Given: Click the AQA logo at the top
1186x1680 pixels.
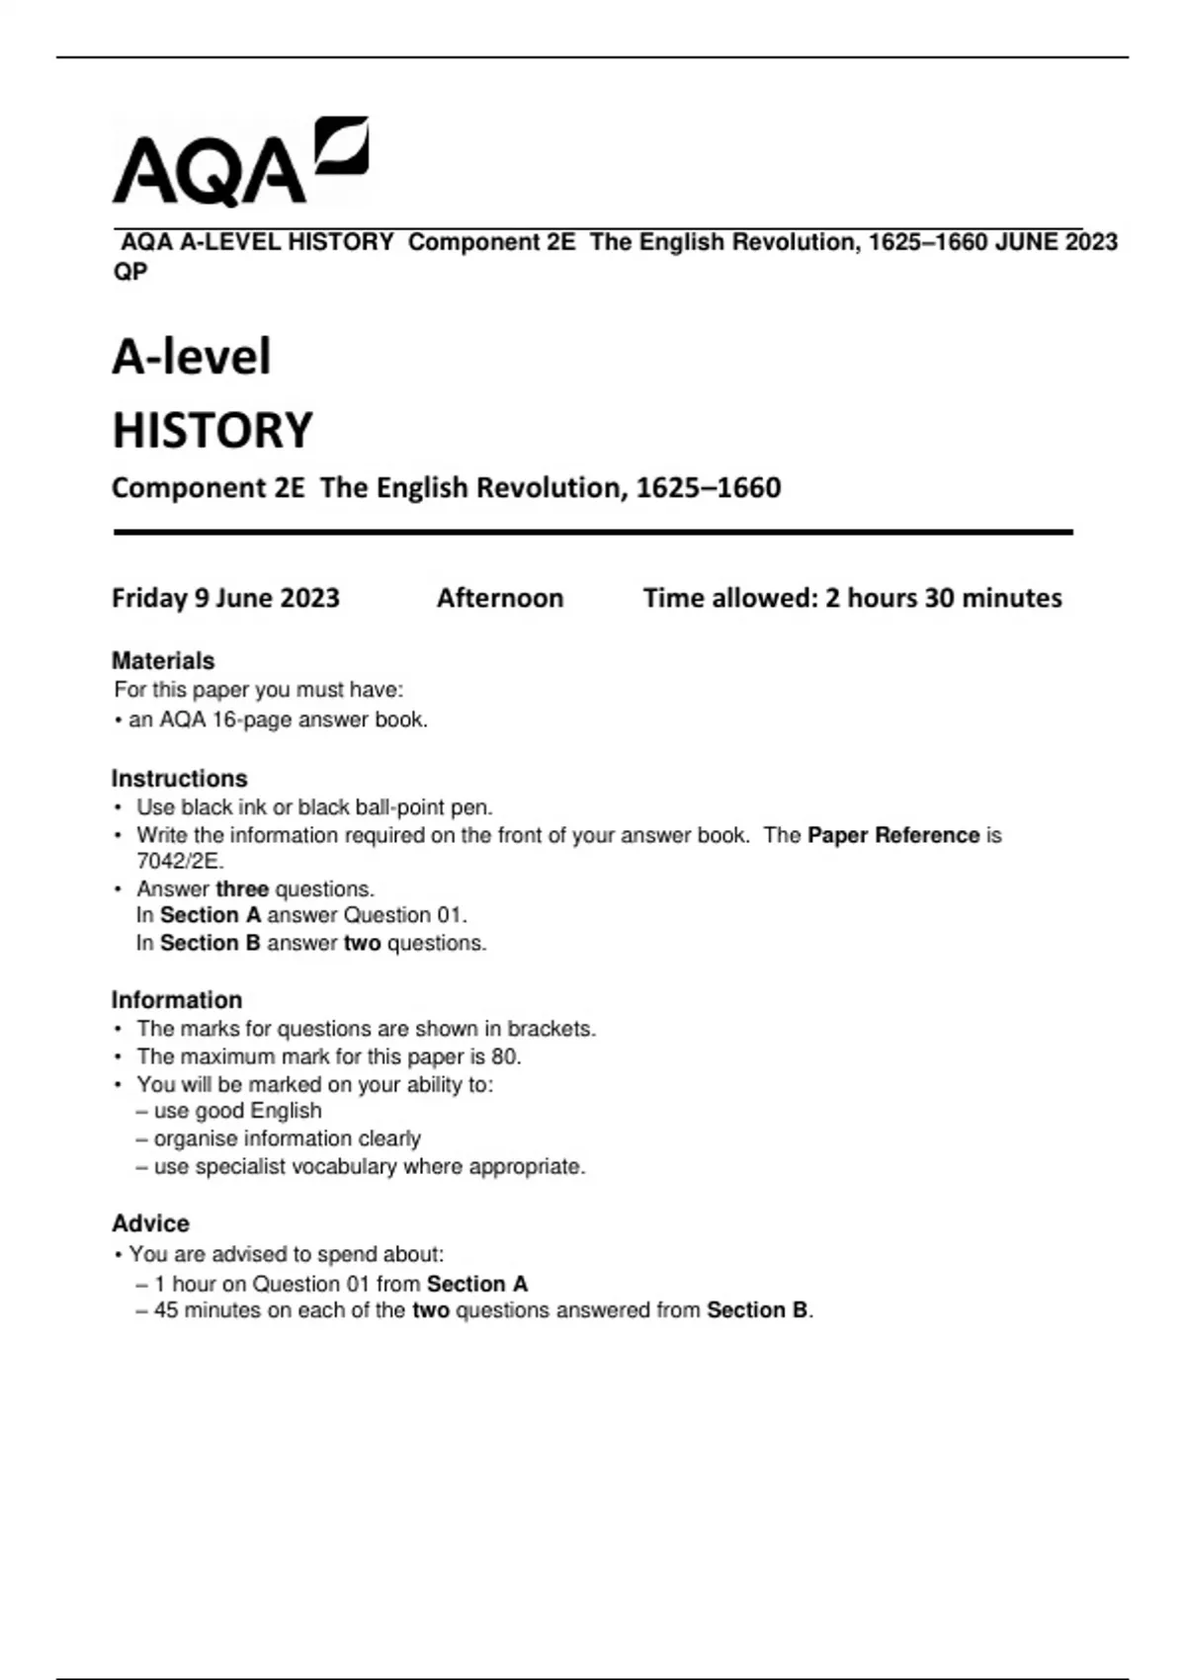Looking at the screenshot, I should coord(240,163).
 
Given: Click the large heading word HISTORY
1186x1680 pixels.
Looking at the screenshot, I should coord(212,430).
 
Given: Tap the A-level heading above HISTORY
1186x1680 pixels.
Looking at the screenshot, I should coord(191,357).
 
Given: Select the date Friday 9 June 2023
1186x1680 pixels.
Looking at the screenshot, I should coord(225,598).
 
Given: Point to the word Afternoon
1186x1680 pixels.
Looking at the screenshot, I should coord(500,598).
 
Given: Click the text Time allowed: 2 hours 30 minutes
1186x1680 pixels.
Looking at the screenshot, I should coord(852,598).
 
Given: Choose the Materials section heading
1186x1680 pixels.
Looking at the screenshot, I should coord(163,660).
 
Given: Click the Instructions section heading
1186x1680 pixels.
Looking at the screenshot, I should coord(179,778).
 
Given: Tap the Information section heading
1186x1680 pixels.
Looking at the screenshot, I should coord(176,999).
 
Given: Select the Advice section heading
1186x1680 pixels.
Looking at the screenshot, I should coord(150,1223).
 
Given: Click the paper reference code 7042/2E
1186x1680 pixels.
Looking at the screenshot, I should coord(179,861).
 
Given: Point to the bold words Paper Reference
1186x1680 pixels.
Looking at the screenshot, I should coord(892,835).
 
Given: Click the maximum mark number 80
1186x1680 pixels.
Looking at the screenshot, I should coord(504,1056).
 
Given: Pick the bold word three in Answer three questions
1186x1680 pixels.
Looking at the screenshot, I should coord(242,888).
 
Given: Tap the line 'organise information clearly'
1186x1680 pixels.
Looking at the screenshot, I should coord(287,1138).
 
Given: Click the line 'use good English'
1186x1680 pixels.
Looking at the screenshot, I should coord(237,1111).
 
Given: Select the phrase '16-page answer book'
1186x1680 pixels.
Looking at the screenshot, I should coord(318,719).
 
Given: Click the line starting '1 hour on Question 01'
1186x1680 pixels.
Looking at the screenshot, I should coord(340,1284).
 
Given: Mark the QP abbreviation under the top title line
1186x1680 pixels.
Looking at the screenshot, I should coord(130,271).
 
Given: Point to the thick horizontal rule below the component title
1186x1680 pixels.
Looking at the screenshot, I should coord(593,532).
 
